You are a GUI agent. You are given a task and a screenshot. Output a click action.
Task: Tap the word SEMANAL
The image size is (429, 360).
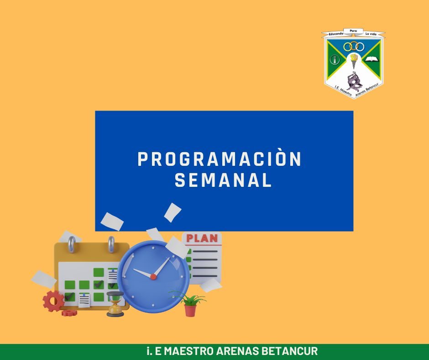pos(223,180)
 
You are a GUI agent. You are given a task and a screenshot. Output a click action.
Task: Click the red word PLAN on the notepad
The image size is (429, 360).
pos(202,238)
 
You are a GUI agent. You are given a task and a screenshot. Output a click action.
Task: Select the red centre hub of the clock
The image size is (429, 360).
pos(153,277)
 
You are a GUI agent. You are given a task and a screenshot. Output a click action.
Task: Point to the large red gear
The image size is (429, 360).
pos(53,301)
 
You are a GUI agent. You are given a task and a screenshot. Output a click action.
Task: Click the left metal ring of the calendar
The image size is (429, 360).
pos(71,244)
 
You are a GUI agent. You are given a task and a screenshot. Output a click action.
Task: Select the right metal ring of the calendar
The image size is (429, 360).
pos(111,244)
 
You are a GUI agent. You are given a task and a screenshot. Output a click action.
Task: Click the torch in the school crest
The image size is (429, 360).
pos(354,61)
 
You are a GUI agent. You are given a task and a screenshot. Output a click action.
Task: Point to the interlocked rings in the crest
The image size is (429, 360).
pos(354,47)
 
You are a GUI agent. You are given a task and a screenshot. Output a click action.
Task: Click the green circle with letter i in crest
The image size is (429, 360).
pos(335,59)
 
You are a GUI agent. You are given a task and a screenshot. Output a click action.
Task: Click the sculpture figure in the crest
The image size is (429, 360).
pos(354,80)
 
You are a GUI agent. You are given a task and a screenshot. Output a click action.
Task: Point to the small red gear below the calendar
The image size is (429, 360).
pos(69,312)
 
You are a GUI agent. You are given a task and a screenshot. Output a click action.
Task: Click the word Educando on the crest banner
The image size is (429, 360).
pos(336,33)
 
